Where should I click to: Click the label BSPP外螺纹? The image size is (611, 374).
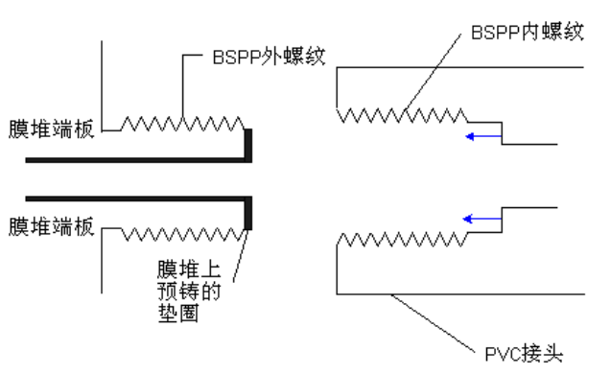269,57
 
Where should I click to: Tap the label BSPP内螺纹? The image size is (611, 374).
528,32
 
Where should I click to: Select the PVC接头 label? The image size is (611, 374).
524,354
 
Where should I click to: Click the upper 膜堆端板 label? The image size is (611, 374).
52,129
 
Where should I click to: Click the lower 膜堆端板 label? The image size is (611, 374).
52,226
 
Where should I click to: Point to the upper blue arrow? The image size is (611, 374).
483,136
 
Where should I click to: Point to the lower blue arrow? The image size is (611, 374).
482,219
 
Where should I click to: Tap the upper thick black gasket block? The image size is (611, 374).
247,145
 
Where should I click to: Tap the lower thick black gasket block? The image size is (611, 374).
247,214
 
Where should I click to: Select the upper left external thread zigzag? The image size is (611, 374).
182,124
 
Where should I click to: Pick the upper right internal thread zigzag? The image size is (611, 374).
402,116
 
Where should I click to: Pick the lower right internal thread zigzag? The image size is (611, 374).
402,239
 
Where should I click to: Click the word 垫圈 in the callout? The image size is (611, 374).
178,314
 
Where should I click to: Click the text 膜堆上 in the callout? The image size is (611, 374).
189,269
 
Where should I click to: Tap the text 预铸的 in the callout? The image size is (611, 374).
189,291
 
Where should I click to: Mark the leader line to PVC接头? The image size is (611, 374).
433,323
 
